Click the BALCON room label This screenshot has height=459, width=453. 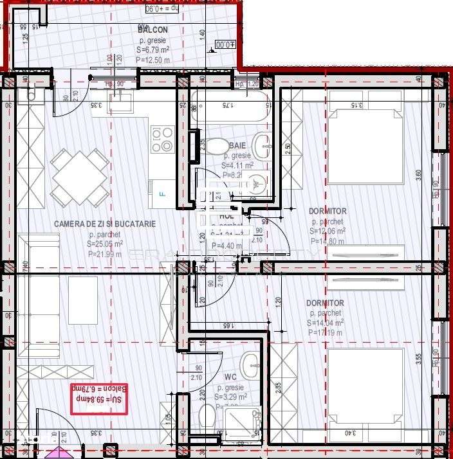pyautogui.click(x=153, y=30)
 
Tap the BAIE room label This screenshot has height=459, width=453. pyautogui.click(x=237, y=146)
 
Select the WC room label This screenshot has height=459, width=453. pyautogui.click(x=230, y=377)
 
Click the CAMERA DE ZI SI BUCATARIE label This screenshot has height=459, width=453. pyautogui.click(x=104, y=224)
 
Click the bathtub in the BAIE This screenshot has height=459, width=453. pyautogui.click(x=229, y=105)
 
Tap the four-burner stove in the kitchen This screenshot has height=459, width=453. pyautogui.click(x=162, y=139)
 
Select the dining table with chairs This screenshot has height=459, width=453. pyautogui.click(x=80, y=177)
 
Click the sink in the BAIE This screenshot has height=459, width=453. pyautogui.click(x=263, y=145)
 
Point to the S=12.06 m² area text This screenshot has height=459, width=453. pyautogui.click(x=327, y=231)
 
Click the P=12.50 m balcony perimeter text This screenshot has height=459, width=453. pyautogui.click(x=153, y=60)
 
